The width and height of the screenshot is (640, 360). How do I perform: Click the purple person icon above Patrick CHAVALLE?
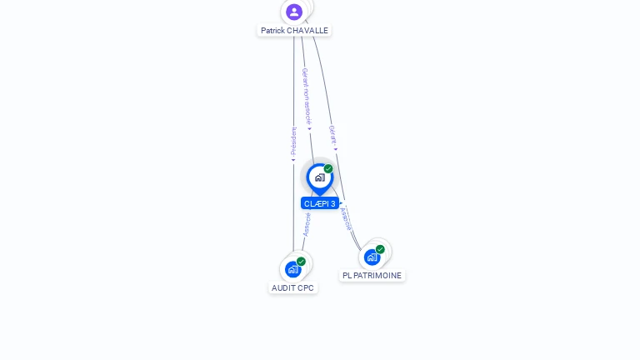pos(293,12)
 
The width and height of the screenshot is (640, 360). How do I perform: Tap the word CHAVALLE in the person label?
pos(307,31)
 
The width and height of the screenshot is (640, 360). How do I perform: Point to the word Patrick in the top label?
pos(272,31)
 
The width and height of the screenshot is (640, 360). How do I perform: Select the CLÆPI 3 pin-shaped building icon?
pos(319,177)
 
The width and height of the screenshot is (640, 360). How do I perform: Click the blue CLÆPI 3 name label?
pos(320,203)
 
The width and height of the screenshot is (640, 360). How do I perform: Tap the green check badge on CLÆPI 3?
pos(328,169)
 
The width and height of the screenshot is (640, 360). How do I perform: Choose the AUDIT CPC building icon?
pos(292,269)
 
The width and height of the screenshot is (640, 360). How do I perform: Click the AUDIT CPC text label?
pos(293,288)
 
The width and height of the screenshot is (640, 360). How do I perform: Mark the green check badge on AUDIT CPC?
pos(301,262)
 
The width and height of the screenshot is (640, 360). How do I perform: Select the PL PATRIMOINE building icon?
pos(372,257)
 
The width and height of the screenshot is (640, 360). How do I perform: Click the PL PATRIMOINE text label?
pos(372,276)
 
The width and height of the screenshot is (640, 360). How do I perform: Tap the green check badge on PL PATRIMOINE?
pos(380,249)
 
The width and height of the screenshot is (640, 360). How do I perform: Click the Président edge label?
pos(293,142)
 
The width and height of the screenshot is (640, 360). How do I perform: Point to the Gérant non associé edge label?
pos(306,96)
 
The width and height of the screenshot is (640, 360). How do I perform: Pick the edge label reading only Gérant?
pos(332,135)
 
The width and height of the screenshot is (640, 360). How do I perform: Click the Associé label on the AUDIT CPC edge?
pos(307,224)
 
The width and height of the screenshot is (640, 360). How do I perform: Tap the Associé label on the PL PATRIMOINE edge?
pos(346,218)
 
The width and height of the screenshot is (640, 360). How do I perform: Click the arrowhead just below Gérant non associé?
pos(309,129)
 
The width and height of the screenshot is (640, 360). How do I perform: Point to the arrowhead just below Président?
pos(293,161)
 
